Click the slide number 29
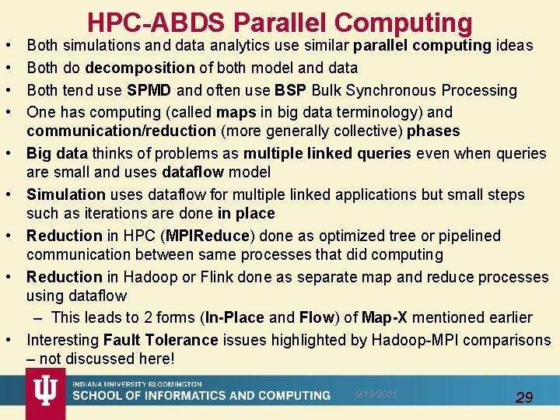point(524,397)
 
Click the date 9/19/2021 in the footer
point(377,394)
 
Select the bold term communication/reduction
point(121,131)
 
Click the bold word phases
point(434,131)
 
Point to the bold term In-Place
point(235,317)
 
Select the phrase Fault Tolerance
point(160,340)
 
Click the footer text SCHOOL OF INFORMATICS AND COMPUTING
point(201,396)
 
